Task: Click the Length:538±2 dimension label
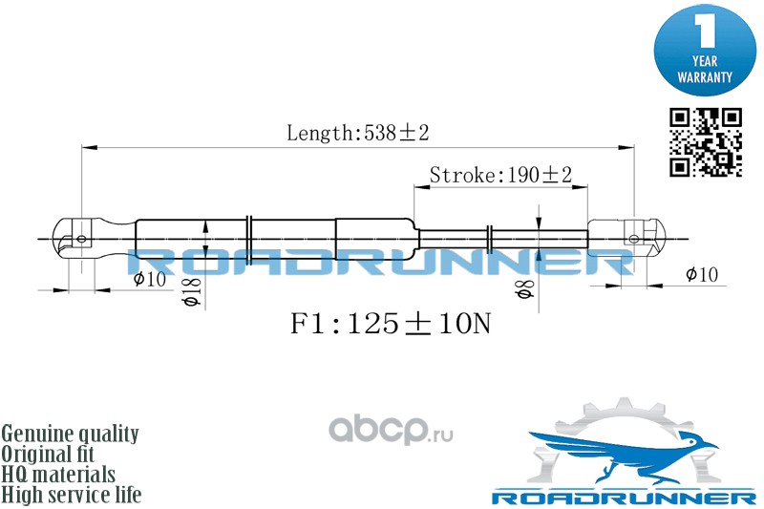tap(357, 134)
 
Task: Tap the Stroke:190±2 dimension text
tap(499, 175)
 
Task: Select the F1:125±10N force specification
tap(390, 325)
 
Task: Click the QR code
tap(705, 142)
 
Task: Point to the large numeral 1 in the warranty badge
tap(705, 31)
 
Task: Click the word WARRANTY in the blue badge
tap(705, 77)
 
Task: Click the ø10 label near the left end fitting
tap(150, 279)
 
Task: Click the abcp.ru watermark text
tap(392, 432)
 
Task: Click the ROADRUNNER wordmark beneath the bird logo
tap(623, 498)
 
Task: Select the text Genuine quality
tap(70, 434)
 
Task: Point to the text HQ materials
tap(58, 475)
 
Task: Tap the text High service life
tap(71, 495)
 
